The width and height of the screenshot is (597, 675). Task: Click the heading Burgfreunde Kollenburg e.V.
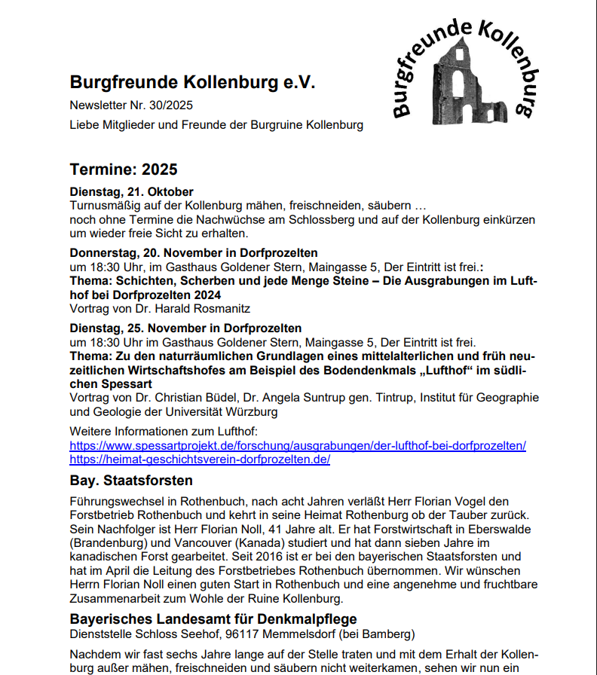[x=192, y=82]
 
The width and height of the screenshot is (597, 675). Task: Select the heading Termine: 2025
[x=124, y=170]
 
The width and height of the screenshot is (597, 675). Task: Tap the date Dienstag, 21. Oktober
[x=132, y=191]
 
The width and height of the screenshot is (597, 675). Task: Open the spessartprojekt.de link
[x=298, y=445]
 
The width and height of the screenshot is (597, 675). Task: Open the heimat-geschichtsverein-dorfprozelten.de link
[x=200, y=459]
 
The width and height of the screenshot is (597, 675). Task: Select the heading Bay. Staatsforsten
[x=131, y=480]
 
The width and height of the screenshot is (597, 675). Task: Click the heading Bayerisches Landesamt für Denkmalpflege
[x=219, y=619]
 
